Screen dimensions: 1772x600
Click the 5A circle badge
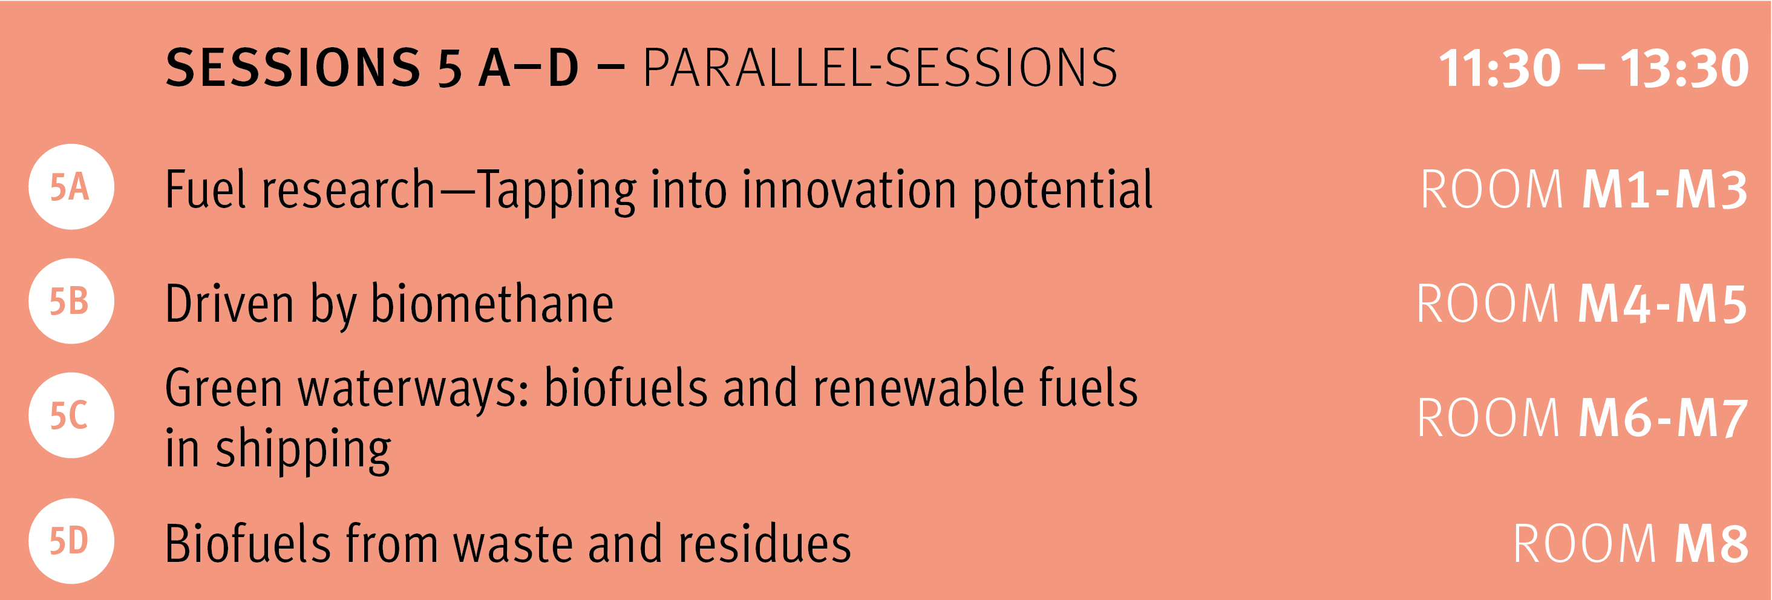click(x=71, y=186)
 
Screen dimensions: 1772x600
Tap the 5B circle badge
click(x=71, y=301)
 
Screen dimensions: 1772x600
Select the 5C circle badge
click(x=71, y=416)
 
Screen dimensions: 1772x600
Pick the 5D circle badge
click(x=71, y=541)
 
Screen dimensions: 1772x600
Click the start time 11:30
click(x=1500, y=68)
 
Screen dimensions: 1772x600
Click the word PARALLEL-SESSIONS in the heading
click(x=880, y=68)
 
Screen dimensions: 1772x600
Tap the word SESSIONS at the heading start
click(x=293, y=68)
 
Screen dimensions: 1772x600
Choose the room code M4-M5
click(x=1662, y=304)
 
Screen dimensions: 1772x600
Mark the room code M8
click(x=1712, y=544)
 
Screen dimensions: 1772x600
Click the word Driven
click(x=230, y=303)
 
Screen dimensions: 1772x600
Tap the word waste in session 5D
click(x=513, y=544)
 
